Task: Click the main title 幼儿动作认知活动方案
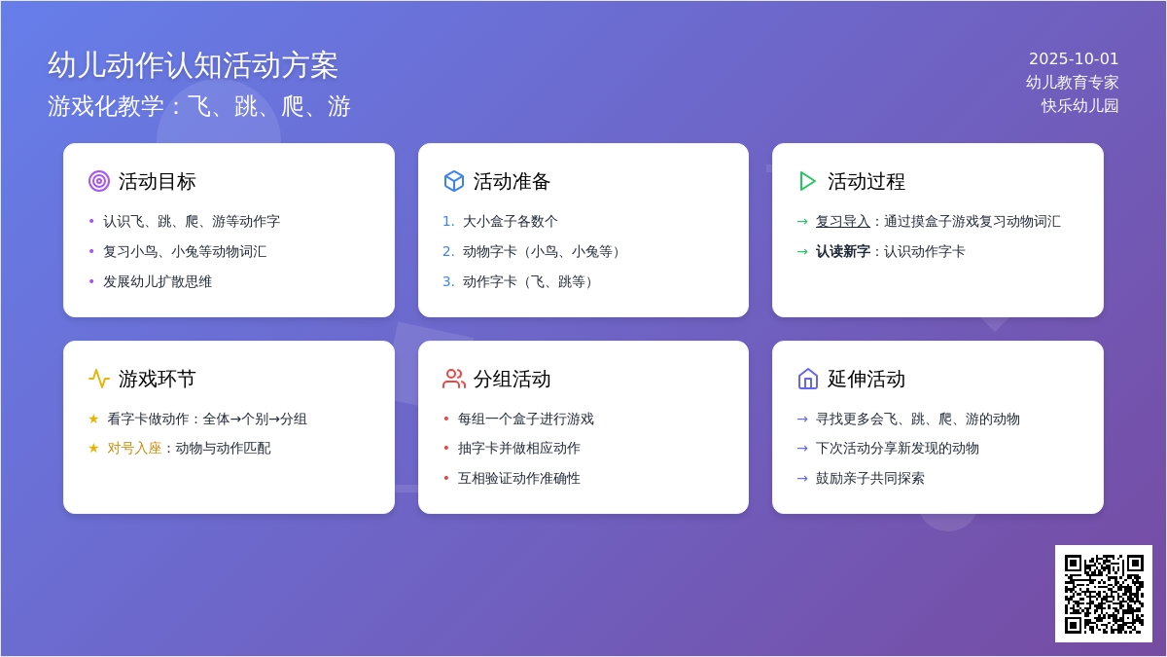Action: [x=193, y=66]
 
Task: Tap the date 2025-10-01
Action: [x=1074, y=59]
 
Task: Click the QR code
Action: [x=1104, y=594]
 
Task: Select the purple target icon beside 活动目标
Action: [x=99, y=181]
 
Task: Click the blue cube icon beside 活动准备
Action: [x=454, y=181]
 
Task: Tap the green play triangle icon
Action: [x=807, y=181]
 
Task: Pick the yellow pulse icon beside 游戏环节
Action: [x=99, y=379]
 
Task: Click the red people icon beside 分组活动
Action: [x=454, y=379]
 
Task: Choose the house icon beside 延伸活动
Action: [x=807, y=379]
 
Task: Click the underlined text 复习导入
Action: [x=842, y=222]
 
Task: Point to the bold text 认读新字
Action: [x=842, y=252]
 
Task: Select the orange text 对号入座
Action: [x=134, y=449]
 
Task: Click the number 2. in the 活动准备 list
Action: [x=448, y=252]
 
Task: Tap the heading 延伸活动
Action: [x=866, y=379]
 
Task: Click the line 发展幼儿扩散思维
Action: [x=158, y=282]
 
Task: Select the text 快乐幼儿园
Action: [x=1079, y=106]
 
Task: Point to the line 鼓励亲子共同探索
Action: [x=869, y=478]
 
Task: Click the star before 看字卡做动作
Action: [x=93, y=419]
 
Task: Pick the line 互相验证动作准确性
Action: [x=519, y=478]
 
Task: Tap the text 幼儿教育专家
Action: [x=1072, y=83]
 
